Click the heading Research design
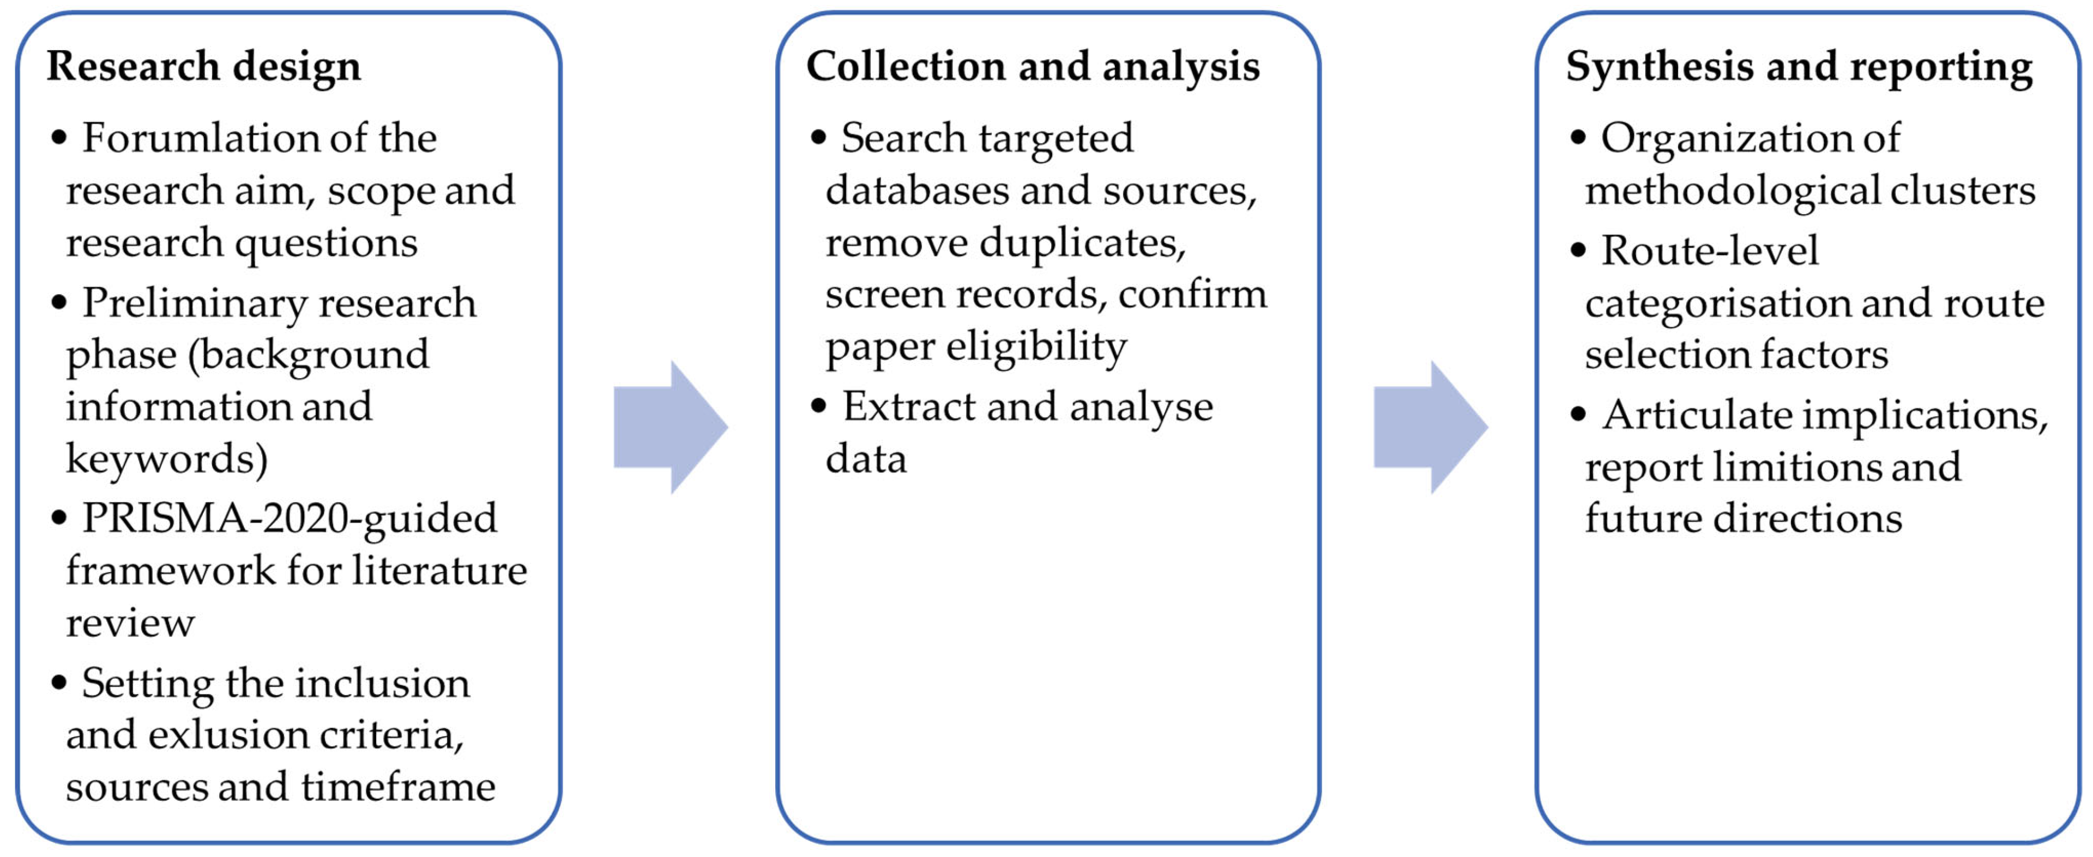point(203,66)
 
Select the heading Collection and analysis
point(1033,66)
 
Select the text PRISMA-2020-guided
point(289,518)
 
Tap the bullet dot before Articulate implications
point(1578,414)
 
